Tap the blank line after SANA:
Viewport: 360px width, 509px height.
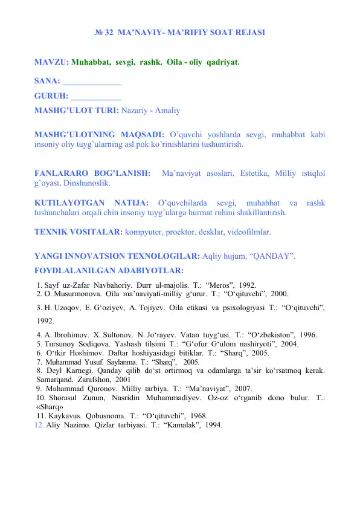(x=92, y=82)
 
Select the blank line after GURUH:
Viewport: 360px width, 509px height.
(x=96, y=96)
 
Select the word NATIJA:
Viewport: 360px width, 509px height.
(x=130, y=203)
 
